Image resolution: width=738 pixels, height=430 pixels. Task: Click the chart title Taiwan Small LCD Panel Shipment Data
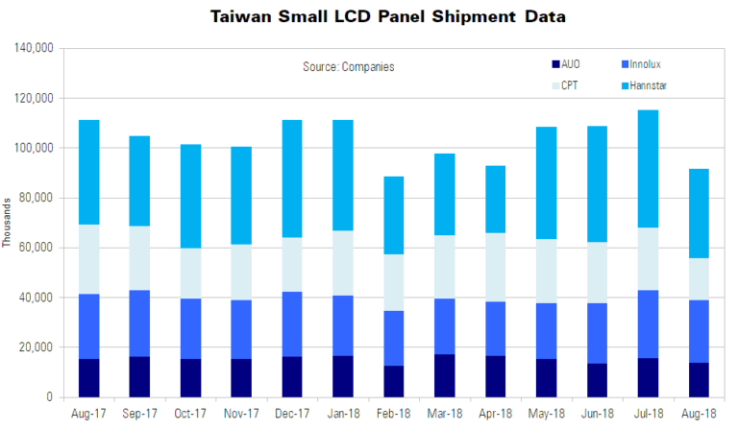(x=369, y=17)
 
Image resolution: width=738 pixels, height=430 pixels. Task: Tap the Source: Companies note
(x=349, y=66)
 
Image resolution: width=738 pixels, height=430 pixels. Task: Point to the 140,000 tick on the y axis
(x=34, y=48)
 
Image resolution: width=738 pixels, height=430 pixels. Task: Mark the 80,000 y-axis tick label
(x=37, y=198)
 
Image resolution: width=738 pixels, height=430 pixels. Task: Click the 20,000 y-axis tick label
(x=37, y=347)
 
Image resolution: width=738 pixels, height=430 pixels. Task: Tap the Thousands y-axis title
(x=8, y=223)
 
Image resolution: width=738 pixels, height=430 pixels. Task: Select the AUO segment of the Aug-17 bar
(x=88, y=377)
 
